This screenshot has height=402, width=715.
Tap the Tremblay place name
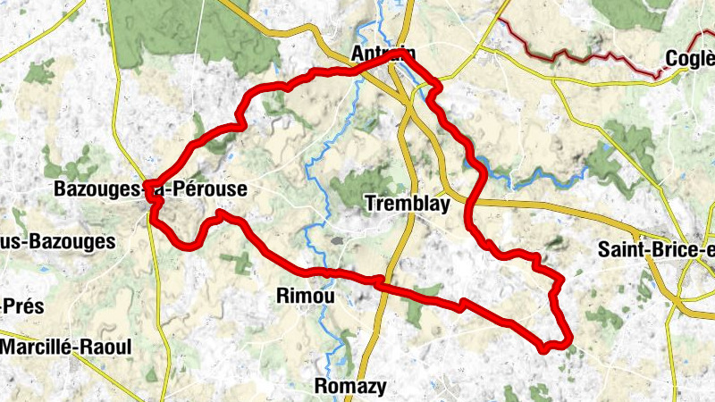(407, 205)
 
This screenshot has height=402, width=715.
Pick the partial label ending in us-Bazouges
(58, 241)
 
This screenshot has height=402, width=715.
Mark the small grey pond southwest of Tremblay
(337, 240)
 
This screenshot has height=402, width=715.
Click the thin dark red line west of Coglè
(581, 54)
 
